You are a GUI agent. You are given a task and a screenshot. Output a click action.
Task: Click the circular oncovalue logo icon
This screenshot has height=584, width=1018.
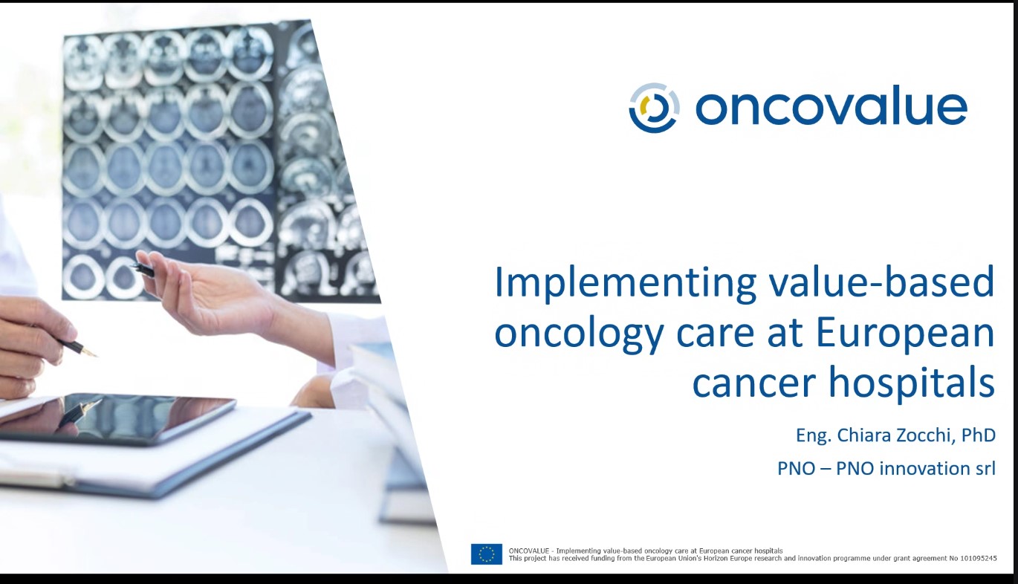(x=655, y=108)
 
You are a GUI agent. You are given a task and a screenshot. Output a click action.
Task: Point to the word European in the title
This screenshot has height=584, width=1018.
(x=905, y=334)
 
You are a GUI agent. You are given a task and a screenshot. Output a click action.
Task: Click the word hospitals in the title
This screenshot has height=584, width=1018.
(x=912, y=383)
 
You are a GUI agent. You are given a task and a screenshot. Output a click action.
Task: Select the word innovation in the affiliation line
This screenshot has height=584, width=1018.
(x=924, y=468)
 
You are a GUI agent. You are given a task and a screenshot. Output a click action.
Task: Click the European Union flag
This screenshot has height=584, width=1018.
(x=486, y=554)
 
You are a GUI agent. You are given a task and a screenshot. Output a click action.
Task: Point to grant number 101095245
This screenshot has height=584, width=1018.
(x=979, y=558)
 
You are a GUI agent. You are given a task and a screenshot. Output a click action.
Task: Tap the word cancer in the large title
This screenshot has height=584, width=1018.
(x=753, y=383)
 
